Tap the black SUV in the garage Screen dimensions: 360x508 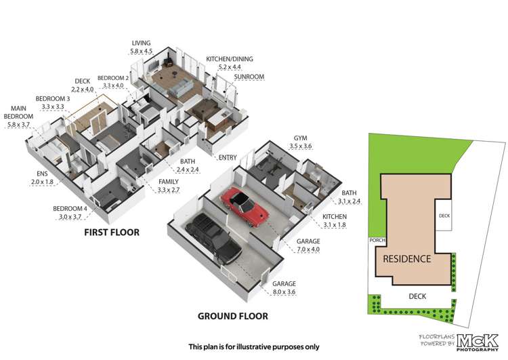click(213, 238)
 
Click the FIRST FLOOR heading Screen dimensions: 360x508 click(112, 233)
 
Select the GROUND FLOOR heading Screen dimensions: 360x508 click(232, 316)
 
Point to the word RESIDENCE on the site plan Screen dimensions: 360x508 click(406, 259)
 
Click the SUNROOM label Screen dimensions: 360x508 click(249, 77)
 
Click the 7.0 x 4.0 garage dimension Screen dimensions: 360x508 click(305, 249)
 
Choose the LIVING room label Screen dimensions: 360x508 click(142, 42)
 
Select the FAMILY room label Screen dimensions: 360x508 click(169, 182)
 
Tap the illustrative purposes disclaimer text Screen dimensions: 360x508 click(253, 346)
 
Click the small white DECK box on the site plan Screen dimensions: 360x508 click(444, 216)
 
